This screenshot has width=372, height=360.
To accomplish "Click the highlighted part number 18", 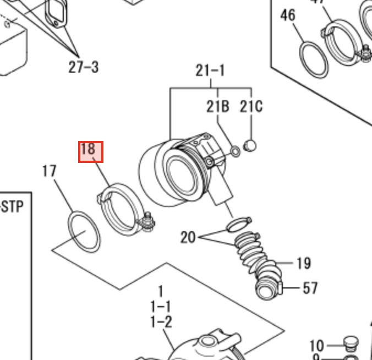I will (x=88, y=149).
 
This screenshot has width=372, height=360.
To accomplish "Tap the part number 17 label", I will (x=50, y=171).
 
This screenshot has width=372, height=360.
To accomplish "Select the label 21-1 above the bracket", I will (x=210, y=71).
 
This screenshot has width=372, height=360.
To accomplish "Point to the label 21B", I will (x=218, y=106).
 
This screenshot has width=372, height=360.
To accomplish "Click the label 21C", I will (x=251, y=106).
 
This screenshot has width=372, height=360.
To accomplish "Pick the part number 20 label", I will (x=188, y=237).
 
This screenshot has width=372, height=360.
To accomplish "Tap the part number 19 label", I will (x=303, y=263).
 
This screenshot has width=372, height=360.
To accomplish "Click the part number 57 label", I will (x=310, y=287).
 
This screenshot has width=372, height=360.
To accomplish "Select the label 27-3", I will (x=84, y=67).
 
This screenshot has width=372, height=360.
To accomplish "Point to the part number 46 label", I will (x=288, y=15).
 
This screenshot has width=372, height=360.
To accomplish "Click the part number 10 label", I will (x=316, y=346).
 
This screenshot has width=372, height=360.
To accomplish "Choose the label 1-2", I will (x=161, y=321).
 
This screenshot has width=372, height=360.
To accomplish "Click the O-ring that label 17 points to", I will (x=84, y=231).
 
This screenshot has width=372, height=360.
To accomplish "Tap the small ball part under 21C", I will (x=250, y=146).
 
